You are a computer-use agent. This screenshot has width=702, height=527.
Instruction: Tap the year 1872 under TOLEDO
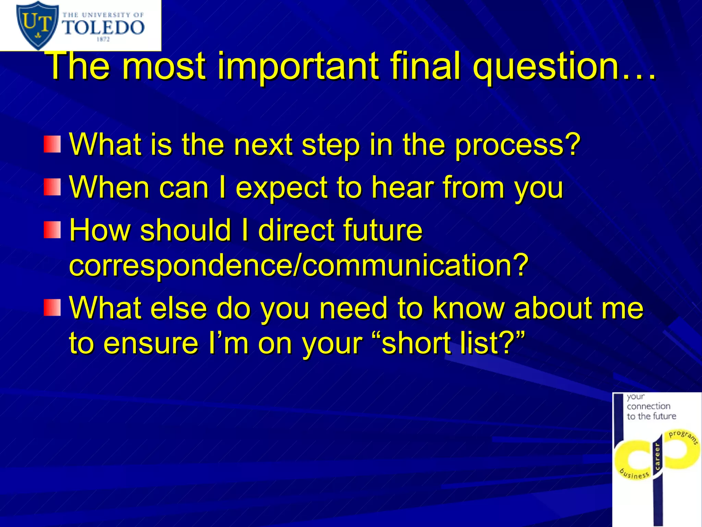click(x=103, y=39)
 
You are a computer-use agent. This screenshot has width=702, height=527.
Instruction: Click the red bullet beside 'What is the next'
click(x=52, y=144)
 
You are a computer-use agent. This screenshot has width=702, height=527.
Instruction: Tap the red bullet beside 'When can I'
click(x=52, y=187)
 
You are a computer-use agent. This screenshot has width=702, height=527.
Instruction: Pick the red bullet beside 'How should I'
click(x=52, y=230)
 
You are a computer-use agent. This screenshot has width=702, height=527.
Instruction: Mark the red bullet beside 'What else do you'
click(x=52, y=307)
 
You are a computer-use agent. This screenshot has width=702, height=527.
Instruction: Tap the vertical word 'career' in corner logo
click(x=657, y=457)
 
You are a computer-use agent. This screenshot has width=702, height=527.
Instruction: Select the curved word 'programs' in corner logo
click(x=683, y=436)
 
